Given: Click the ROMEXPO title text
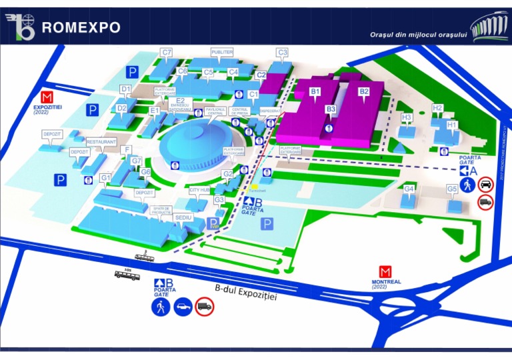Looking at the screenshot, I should (x=81, y=27).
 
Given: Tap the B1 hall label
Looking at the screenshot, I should (x=315, y=91).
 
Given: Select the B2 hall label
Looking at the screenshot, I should (x=364, y=91).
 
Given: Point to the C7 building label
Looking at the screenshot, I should (x=167, y=52).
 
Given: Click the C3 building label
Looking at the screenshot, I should (x=282, y=52).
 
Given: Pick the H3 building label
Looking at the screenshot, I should (x=407, y=117).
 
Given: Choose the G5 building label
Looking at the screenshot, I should (x=452, y=189).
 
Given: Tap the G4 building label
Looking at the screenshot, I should (x=409, y=189).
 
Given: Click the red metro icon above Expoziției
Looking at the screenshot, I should (x=47, y=95).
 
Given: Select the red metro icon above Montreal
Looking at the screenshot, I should (x=385, y=272).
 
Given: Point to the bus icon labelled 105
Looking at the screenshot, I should (x=127, y=274).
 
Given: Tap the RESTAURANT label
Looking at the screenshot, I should (x=101, y=142).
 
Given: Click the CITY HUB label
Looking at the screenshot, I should (x=200, y=190).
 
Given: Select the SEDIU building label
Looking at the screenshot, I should (x=183, y=217).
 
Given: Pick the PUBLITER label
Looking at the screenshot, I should (x=222, y=52).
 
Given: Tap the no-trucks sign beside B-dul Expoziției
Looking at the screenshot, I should (x=205, y=307).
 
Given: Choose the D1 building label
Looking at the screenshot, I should (x=125, y=89).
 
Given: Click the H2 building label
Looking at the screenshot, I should (x=437, y=107).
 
